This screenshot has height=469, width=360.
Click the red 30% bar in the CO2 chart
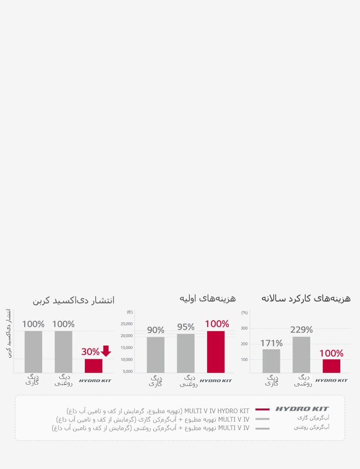(x=93, y=366)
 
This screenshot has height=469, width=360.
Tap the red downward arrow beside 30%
(x=106, y=351)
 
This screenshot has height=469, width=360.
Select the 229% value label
(x=301, y=330)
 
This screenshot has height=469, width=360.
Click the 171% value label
(x=271, y=343)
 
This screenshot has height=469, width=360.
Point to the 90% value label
(x=156, y=330)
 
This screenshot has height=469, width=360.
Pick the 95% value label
(x=186, y=327)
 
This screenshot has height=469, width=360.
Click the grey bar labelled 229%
(x=301, y=355)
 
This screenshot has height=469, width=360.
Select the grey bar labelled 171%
(x=271, y=361)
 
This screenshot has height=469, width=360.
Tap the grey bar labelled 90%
(x=156, y=355)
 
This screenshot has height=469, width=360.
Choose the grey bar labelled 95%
(x=186, y=353)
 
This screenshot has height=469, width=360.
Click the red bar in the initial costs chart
(x=216, y=352)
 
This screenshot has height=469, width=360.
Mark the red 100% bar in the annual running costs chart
(x=331, y=366)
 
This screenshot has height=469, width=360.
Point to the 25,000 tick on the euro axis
(x=127, y=324)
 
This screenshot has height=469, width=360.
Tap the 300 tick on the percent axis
(x=244, y=328)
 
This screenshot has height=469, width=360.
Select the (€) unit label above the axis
(x=130, y=312)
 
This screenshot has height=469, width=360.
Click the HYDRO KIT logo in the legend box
(x=302, y=409)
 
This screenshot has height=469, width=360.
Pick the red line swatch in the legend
(x=262, y=409)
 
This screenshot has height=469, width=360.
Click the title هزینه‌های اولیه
(x=207, y=298)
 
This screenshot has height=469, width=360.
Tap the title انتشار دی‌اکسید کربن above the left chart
(x=74, y=301)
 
